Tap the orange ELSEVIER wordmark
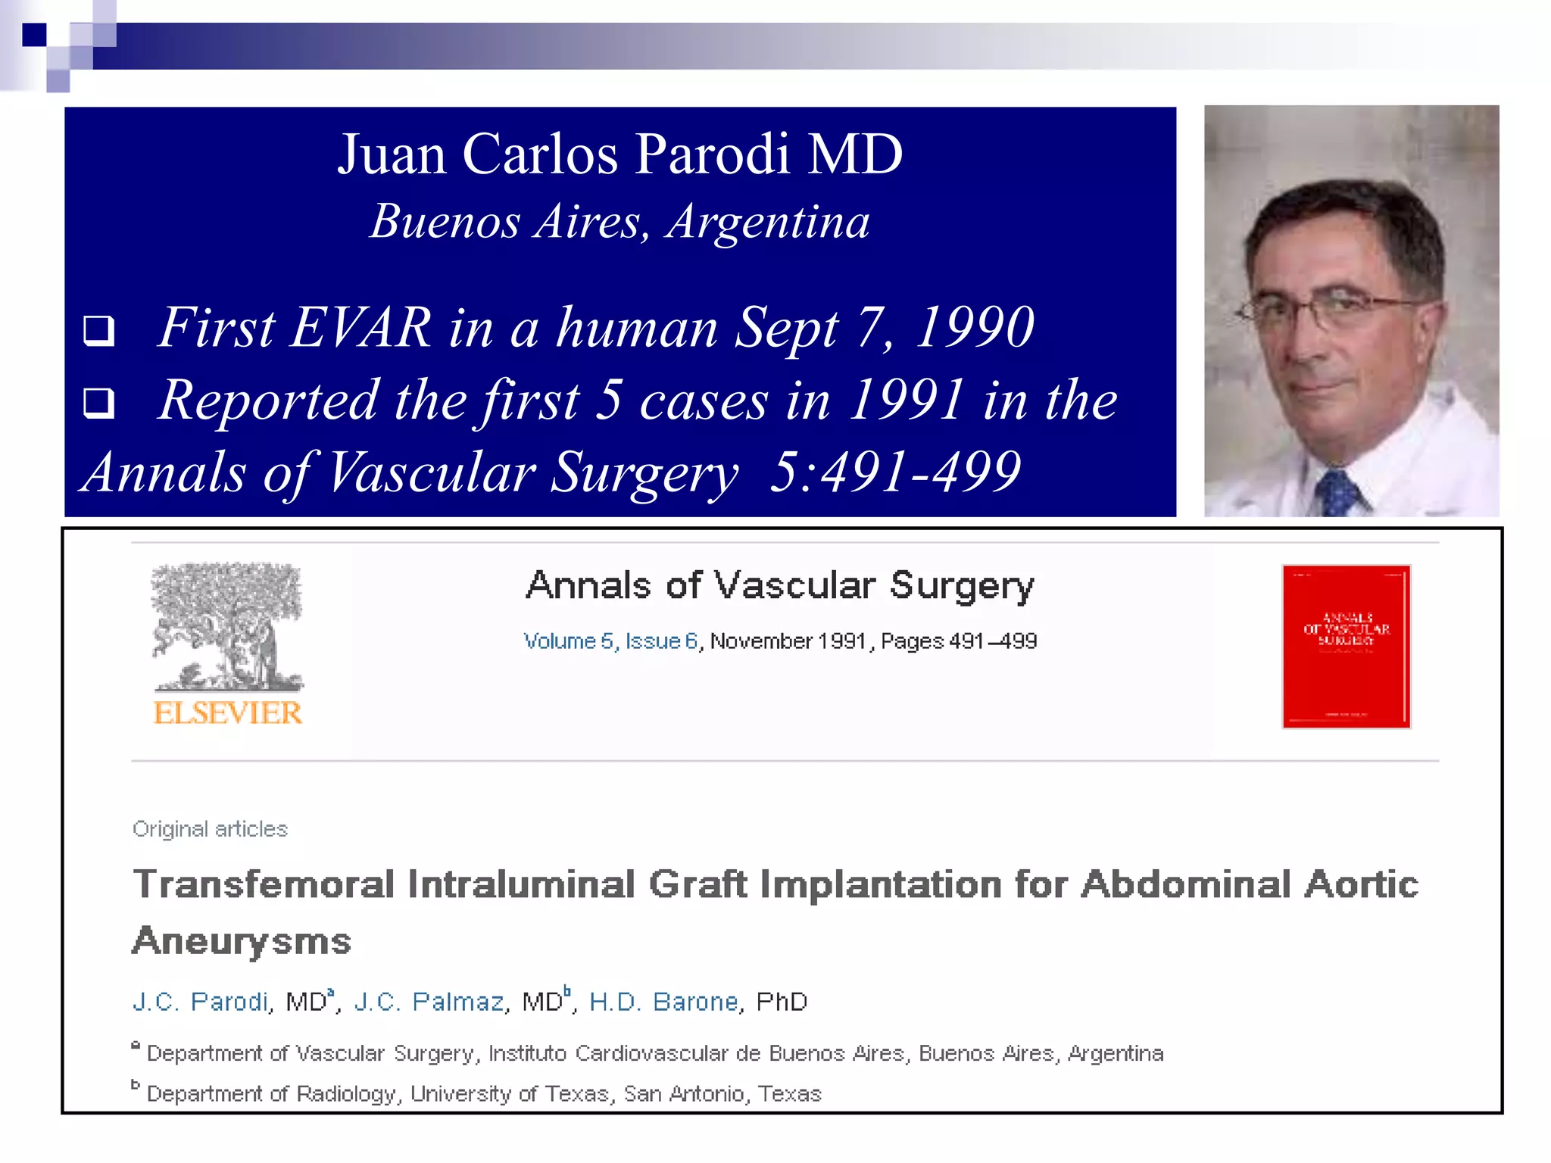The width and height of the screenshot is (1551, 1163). click(x=227, y=713)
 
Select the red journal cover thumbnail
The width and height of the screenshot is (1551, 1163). click(x=1346, y=646)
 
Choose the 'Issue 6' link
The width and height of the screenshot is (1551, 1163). click(x=661, y=641)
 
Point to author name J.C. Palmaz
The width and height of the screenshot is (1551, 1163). click(x=429, y=1002)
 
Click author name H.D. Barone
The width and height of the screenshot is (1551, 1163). click(x=663, y=1002)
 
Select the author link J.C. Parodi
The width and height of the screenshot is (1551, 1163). click(x=201, y=1002)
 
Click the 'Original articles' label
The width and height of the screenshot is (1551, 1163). click(x=210, y=829)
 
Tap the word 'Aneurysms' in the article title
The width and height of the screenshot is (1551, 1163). click(x=242, y=941)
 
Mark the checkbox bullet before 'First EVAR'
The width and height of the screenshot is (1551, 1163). click(x=99, y=331)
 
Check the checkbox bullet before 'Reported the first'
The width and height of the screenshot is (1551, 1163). click(x=99, y=403)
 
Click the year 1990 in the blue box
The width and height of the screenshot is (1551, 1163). click(x=974, y=328)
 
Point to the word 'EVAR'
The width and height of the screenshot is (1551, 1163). click(x=360, y=328)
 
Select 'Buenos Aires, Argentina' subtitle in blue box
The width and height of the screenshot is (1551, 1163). click(x=619, y=222)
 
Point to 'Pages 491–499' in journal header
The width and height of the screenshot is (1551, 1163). click(x=959, y=641)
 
